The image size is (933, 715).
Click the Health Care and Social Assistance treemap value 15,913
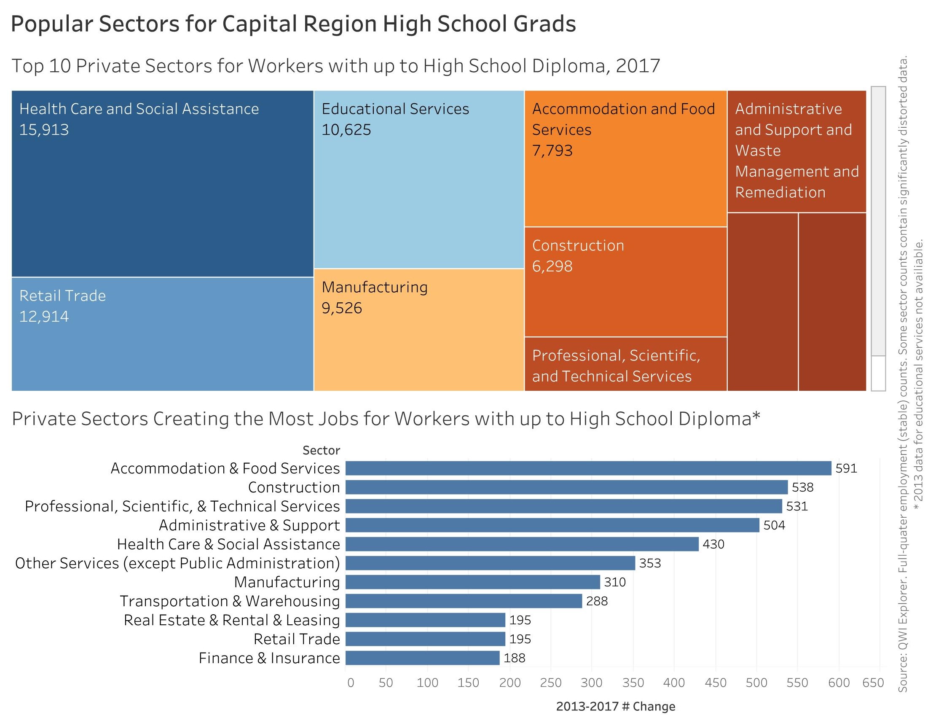(x=44, y=130)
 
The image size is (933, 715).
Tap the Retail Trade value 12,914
(x=44, y=317)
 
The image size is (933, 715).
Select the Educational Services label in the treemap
(x=395, y=109)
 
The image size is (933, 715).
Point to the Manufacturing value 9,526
(x=342, y=308)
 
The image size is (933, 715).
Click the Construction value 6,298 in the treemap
(x=552, y=266)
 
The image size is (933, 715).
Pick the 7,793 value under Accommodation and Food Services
(x=552, y=151)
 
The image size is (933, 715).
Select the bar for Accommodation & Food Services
(x=588, y=468)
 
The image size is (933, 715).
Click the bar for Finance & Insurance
(x=422, y=658)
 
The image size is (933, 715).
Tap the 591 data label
(x=846, y=468)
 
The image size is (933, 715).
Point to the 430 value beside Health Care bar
(x=713, y=544)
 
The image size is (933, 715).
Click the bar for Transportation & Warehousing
(x=463, y=601)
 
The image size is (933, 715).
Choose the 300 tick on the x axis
(x=592, y=683)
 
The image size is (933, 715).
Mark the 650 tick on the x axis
(x=873, y=683)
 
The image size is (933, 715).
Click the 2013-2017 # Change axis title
(x=616, y=707)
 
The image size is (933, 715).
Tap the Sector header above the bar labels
(x=321, y=450)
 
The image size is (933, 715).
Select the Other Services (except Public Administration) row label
(x=177, y=563)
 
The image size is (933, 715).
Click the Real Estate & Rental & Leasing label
(x=232, y=620)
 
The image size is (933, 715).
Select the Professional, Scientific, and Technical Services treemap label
(x=616, y=366)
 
